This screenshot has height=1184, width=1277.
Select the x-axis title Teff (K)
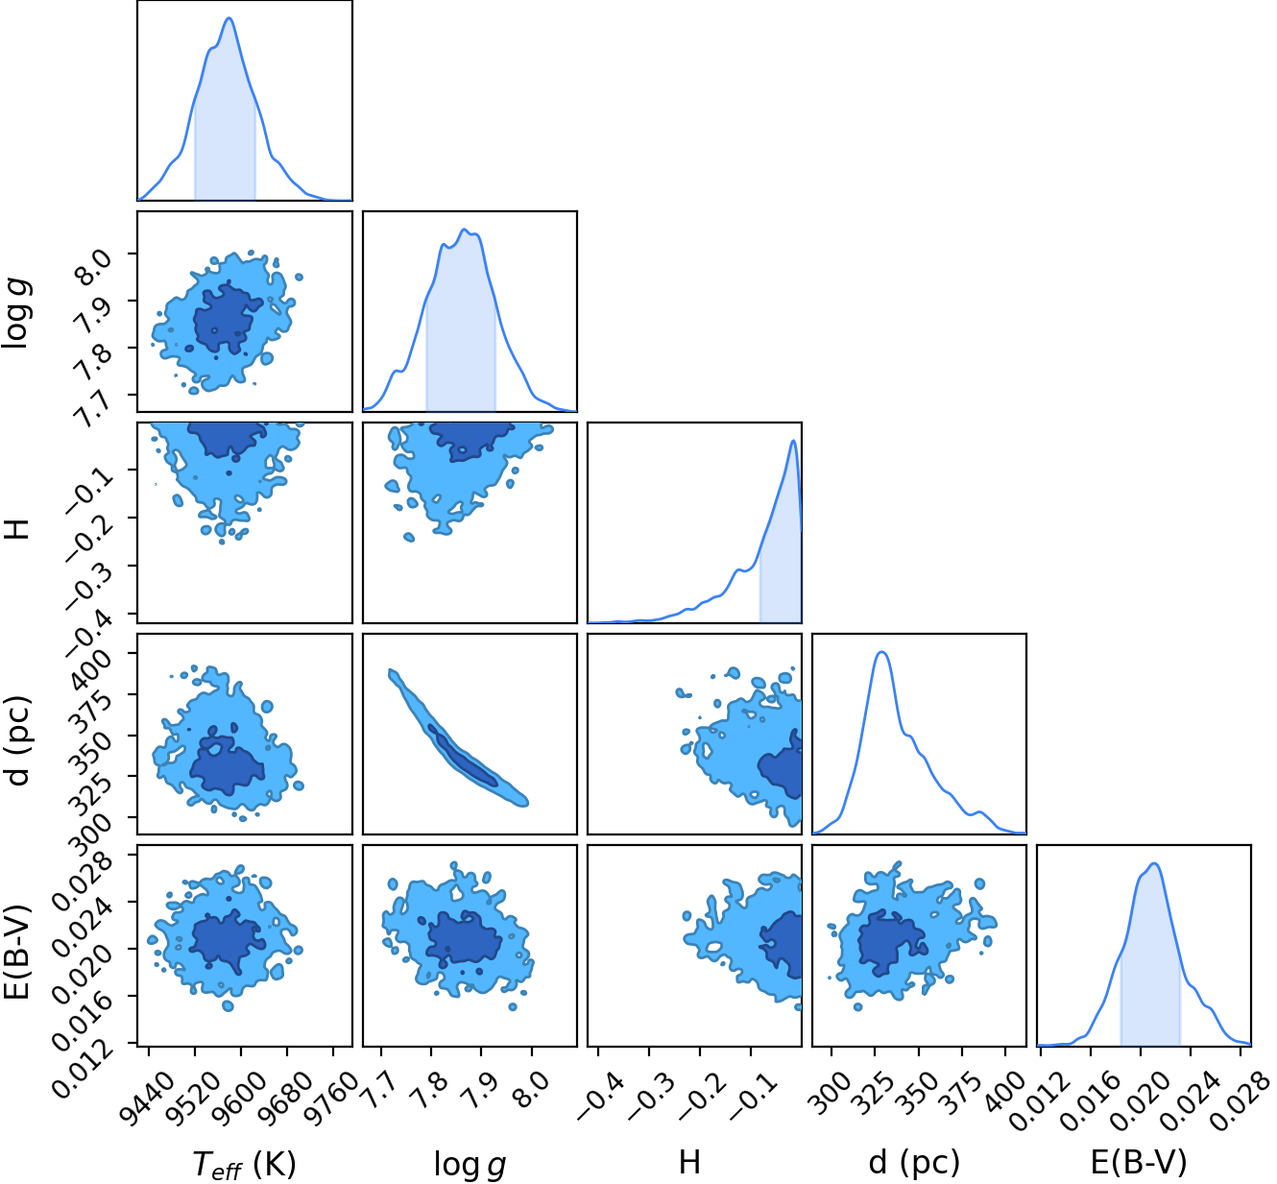click(244, 1165)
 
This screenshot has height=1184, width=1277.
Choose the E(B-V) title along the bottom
click(1139, 1162)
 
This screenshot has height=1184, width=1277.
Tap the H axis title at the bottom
click(689, 1162)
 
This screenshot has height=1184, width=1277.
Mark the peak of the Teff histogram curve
click(229, 18)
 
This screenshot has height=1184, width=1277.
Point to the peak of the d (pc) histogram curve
click(882, 652)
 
